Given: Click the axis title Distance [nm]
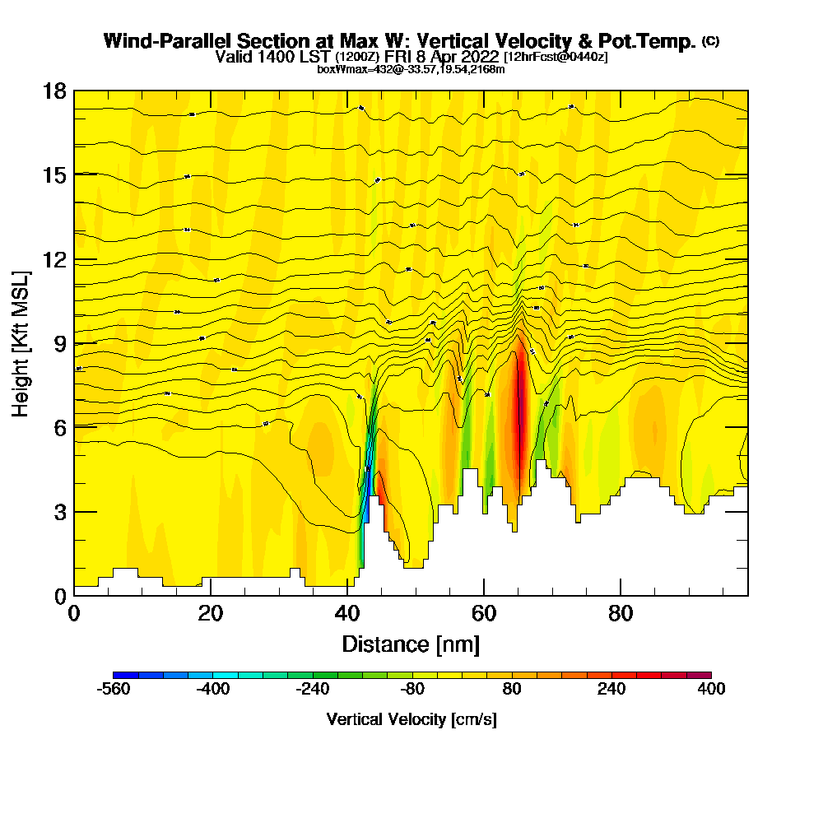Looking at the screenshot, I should coord(411,643).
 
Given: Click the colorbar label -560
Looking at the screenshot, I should coord(114,690).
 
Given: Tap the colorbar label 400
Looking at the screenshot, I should coord(710,690).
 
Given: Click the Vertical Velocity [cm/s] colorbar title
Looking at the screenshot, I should coord(411,719).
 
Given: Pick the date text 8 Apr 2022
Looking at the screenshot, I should coord(457,57).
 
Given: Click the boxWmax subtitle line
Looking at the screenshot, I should coord(411,69).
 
